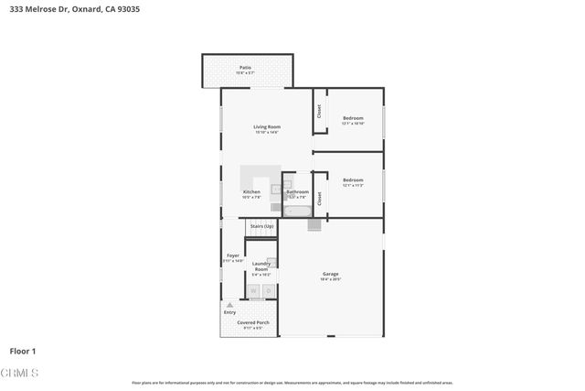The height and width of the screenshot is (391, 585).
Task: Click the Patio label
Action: (245, 67)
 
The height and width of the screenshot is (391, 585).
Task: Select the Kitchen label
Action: (251, 192)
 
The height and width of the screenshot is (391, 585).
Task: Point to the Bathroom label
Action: (297, 192)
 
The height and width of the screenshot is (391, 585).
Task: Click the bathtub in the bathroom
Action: (297, 210)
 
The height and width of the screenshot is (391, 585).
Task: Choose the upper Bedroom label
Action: (353, 118)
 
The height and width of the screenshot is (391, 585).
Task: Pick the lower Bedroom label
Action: (353, 180)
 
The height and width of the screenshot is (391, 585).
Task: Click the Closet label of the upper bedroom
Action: (319, 111)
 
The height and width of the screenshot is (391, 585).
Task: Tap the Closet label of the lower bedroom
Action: (319, 197)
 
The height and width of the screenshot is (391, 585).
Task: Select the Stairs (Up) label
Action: (261, 225)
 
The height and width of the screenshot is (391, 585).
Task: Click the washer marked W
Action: (253, 291)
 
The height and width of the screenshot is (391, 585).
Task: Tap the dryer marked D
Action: (269, 291)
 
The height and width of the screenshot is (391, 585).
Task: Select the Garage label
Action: (330, 274)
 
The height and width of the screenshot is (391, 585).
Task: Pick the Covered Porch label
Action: (252, 323)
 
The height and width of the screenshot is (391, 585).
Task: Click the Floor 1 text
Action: (23, 351)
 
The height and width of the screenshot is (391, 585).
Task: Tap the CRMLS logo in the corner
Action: (20, 374)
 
